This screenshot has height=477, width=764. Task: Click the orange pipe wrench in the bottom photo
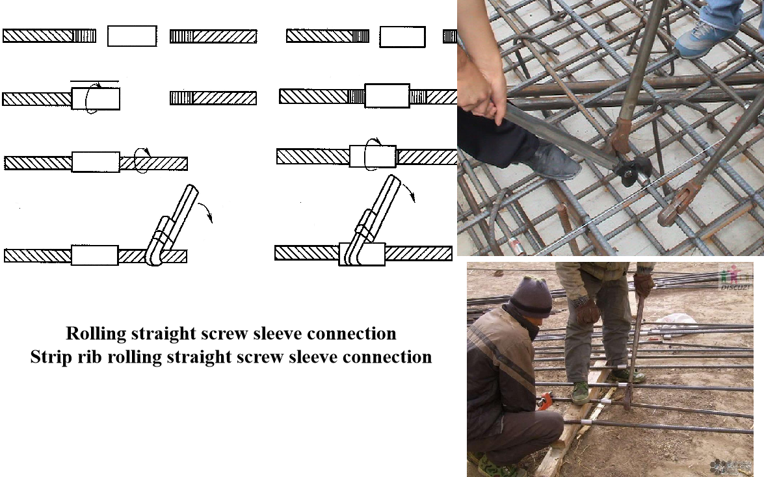(x=545, y=401)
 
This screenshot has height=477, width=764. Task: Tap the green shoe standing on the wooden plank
(x=580, y=393)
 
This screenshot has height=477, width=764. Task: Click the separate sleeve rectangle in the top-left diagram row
(x=132, y=36)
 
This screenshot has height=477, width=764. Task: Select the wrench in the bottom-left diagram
(x=170, y=227)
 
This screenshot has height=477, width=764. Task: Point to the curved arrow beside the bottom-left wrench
(x=207, y=211)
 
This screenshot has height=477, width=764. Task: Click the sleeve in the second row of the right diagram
(x=387, y=96)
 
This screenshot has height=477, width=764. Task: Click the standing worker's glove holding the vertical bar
(x=643, y=285)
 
